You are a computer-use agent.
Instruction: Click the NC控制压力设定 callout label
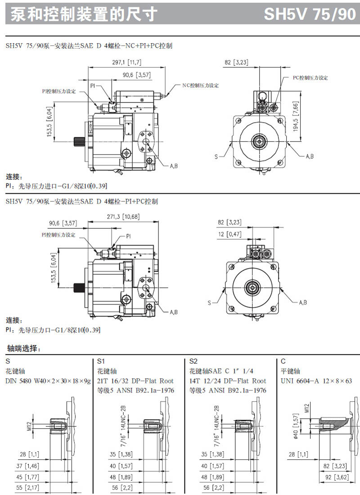click(x=200, y=85)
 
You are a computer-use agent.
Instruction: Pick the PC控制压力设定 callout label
click(x=310, y=77)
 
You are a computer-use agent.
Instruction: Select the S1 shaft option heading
click(x=101, y=361)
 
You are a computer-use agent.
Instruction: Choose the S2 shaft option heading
click(x=193, y=361)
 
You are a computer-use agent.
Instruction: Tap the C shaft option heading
click(x=283, y=361)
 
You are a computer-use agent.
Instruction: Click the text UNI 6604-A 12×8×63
click(x=316, y=381)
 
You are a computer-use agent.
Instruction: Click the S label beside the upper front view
click(x=216, y=157)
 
